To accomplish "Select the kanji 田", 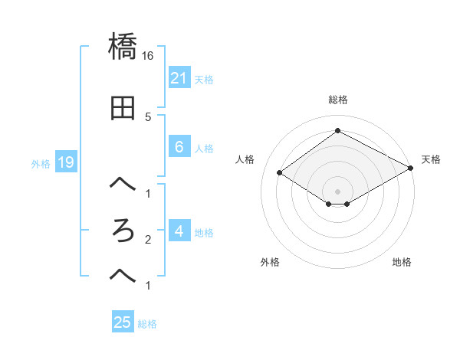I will pos(123,110).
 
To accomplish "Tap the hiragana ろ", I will pos(123,230).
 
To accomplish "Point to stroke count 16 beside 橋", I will pos(148,56).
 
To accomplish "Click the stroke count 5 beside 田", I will pos(147,116).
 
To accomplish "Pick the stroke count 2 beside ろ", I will pos(147,240).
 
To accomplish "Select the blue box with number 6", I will pos(179,147).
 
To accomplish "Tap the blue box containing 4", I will pos(179,231).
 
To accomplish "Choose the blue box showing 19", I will pos(65,162).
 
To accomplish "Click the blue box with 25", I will pos(123,322).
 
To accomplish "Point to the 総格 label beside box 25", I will pos(147,324).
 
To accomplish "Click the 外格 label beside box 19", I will pos(41,163).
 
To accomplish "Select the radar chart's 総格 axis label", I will pos(337,100).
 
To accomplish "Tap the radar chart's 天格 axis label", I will pos(431,159).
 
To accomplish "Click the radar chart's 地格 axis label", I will pos(402,262).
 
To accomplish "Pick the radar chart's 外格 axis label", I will pos(270,262).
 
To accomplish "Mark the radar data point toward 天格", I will pos(410,168).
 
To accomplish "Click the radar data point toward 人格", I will pos(280,173).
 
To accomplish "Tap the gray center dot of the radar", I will pos(337,191).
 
